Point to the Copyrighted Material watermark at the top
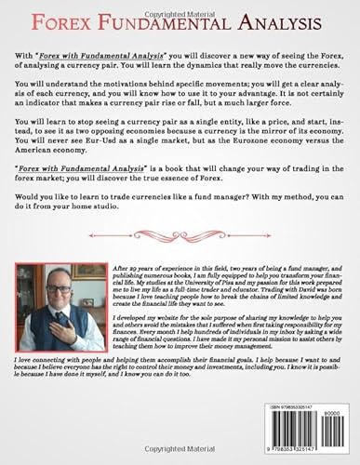click(x=180, y=5)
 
